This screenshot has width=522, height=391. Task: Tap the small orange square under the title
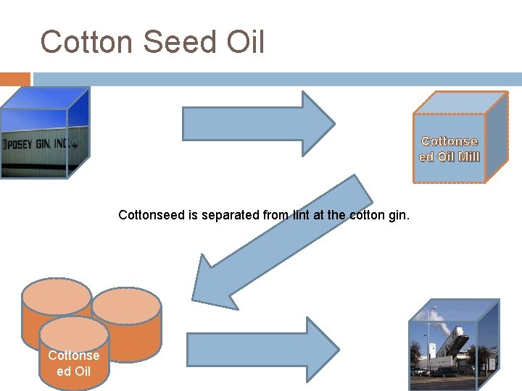pos(14,79)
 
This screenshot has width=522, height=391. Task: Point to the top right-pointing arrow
pos(257,123)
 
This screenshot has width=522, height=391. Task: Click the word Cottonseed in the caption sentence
pos(151,215)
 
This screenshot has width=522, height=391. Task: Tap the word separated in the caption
pos(218,215)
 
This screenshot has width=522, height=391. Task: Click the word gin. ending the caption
pos(398,215)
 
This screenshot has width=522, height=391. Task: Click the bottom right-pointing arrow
pos(261,350)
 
